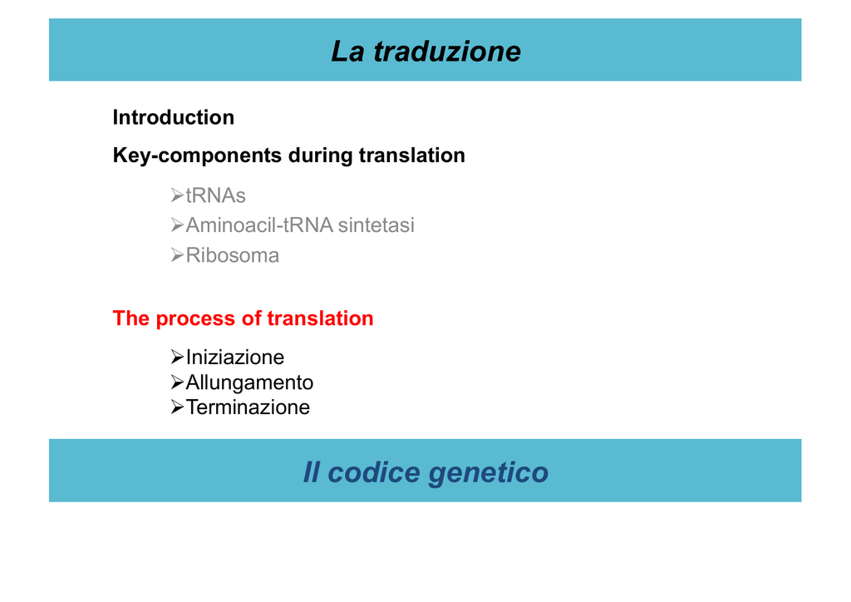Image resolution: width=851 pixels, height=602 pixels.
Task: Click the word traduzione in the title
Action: click(447, 52)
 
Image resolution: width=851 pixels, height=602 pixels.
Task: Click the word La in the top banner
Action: click(348, 52)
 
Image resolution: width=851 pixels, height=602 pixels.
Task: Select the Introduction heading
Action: click(174, 117)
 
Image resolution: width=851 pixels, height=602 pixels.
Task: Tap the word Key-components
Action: click(197, 155)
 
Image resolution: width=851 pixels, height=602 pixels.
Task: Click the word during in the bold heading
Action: click(321, 155)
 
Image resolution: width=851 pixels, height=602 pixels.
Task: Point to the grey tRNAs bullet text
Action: click(215, 195)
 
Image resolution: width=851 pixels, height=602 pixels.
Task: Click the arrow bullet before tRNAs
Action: click(177, 195)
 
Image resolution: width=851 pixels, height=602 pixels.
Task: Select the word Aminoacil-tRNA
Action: click(259, 225)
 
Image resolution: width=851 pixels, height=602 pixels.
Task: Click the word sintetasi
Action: click(376, 225)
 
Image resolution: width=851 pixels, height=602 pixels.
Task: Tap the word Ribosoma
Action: click(233, 255)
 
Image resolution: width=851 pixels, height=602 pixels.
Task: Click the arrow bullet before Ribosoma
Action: click(177, 255)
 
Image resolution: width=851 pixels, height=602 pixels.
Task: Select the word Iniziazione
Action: click(235, 358)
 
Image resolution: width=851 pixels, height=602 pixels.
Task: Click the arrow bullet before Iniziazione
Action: click(177, 358)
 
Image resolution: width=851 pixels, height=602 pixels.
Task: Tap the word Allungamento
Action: click(249, 382)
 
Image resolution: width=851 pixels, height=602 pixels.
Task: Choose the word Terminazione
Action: click(248, 407)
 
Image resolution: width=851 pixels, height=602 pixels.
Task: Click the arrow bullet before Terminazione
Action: click(177, 407)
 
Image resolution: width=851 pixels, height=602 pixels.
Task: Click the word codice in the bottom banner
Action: click(374, 472)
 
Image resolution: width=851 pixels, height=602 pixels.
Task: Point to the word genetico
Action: click(489, 473)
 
